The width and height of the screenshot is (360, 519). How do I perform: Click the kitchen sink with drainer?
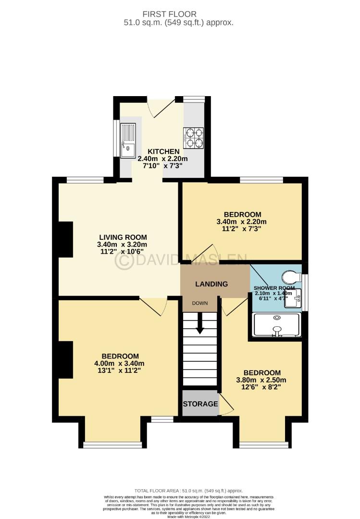pyautogui.click(x=128, y=140)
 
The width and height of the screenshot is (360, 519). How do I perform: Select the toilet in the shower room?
pyautogui.click(x=290, y=277)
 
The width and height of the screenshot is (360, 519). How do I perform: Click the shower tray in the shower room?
pyautogui.click(x=276, y=325)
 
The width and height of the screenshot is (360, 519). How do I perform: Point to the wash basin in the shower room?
pyautogui.click(x=293, y=298)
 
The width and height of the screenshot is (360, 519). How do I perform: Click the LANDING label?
pyautogui.click(x=211, y=284)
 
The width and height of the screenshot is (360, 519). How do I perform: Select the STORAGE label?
pyautogui.click(x=200, y=404)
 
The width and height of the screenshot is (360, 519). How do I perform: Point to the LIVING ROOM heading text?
pyautogui.click(x=123, y=237)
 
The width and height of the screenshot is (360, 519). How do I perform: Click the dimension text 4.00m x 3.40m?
pyautogui.click(x=120, y=363)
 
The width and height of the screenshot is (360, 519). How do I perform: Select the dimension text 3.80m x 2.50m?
pyautogui.click(x=262, y=381)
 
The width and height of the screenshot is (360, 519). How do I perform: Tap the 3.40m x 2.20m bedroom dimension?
pyautogui.click(x=242, y=222)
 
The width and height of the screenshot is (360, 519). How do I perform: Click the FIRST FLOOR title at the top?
pyautogui.click(x=180, y=14)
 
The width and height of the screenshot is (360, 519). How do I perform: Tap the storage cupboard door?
pyautogui.click(x=226, y=404)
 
